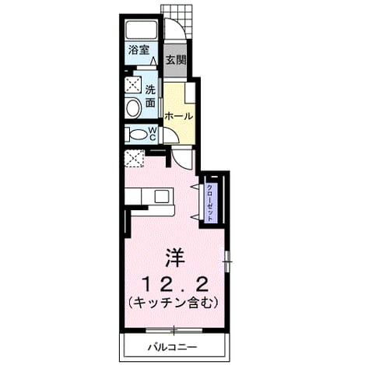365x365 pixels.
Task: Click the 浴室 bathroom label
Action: [139, 50]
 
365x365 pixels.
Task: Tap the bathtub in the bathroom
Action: [142, 30]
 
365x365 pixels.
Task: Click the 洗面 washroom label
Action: [150, 97]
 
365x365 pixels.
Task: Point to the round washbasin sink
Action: [133, 107]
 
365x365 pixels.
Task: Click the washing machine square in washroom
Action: [133, 85]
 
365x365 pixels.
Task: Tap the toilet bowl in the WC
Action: [138, 135]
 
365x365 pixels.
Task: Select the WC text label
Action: [153, 134]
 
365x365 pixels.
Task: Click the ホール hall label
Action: [179, 116]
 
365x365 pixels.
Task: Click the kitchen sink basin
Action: [161, 196]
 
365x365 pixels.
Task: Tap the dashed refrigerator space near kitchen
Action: [135, 158]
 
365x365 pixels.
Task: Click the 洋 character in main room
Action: [175, 258]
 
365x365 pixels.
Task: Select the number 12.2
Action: [176, 285]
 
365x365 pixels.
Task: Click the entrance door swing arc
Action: [182, 24]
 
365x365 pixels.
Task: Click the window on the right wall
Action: [227, 261]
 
